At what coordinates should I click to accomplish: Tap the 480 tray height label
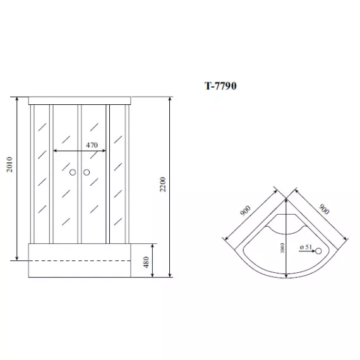(146, 261)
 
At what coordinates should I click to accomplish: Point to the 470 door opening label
(92, 145)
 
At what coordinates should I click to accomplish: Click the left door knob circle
(73, 172)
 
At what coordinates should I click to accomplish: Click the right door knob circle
(87, 172)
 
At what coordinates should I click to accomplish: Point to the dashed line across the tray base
(82, 261)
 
